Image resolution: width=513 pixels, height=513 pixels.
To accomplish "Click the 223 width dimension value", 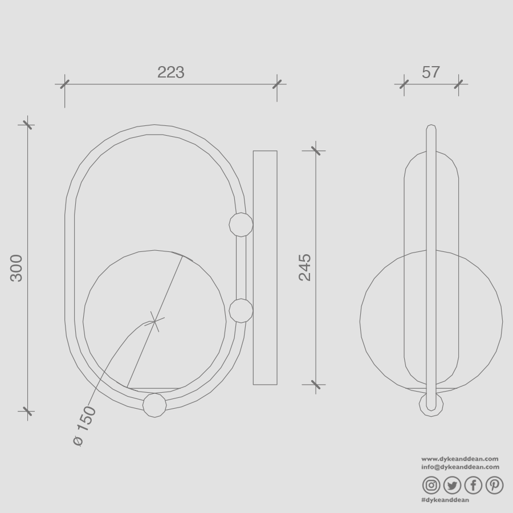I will coord(171,72).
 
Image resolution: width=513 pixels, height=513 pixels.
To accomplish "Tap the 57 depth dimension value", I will coord(431,72).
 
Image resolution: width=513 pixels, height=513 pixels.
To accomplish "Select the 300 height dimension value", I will coord(17,268).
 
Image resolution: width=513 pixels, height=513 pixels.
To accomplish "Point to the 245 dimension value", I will coord(306,267).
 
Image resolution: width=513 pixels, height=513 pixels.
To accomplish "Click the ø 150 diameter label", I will coord(85,425).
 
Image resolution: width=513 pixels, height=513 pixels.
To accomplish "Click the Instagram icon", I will coord(431,485).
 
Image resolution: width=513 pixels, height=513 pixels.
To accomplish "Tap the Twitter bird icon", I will coord(452,485).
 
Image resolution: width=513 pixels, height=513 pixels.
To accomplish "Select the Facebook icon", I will coord(473,485).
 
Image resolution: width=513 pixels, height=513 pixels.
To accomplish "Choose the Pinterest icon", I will coord(494,485).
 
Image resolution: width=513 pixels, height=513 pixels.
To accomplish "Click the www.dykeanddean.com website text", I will coord(460,459).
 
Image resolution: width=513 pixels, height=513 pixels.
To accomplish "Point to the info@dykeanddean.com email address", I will coord(460,467).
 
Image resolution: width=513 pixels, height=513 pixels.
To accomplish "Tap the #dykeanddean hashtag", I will coord(445,500).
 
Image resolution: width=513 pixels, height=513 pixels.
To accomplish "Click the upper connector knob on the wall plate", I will coord(241,225).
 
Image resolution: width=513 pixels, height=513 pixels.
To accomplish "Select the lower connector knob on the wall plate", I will coord(241,311).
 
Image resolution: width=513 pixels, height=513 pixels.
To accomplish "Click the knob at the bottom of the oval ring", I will coord(154,405).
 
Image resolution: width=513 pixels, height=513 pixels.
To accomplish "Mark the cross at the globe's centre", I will coord(154,322).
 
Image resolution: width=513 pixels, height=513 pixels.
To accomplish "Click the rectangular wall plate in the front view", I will coord(265,268).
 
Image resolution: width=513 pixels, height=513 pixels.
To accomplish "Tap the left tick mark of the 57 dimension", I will coord(404,84).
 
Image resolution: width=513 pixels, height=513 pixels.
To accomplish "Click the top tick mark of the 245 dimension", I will coord(317,151).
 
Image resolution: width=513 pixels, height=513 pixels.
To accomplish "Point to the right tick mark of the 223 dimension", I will coord(277,84).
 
